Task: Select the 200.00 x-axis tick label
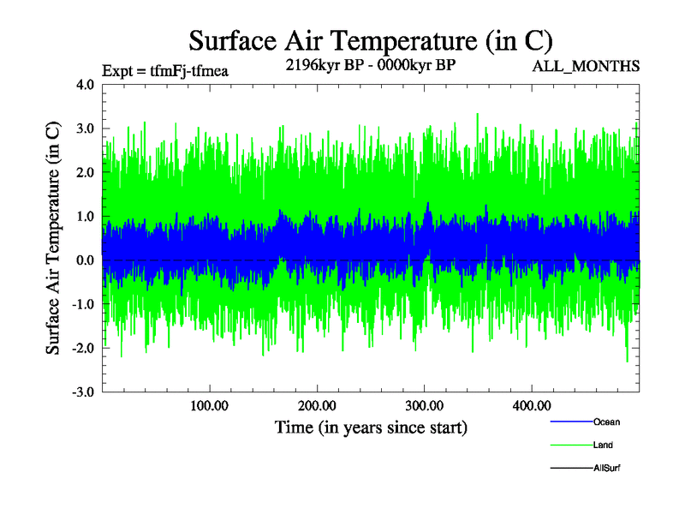tap(317, 405)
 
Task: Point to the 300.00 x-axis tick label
tap(424, 405)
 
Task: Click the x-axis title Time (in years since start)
tap(371, 426)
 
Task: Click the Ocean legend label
tap(606, 422)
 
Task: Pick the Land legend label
tap(603, 445)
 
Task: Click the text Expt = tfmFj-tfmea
tap(165, 70)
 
